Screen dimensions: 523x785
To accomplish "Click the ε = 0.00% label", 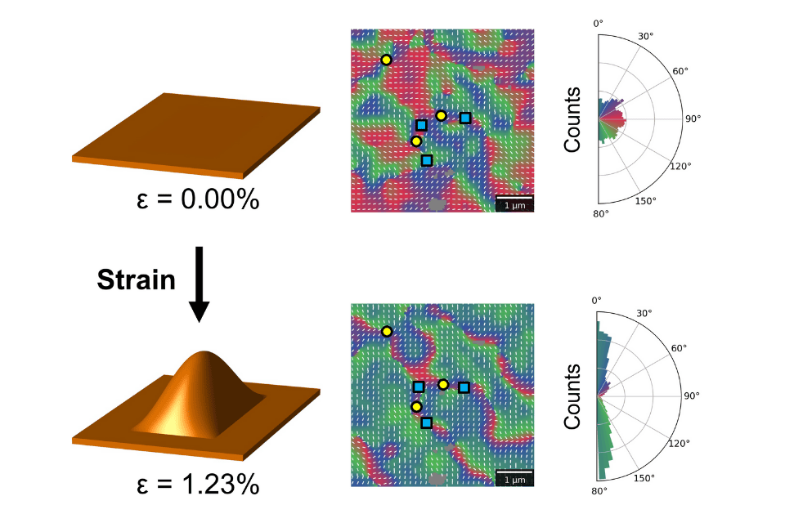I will (x=197, y=198).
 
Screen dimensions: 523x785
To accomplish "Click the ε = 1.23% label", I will (x=197, y=485).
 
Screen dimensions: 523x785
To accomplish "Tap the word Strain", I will (x=136, y=280).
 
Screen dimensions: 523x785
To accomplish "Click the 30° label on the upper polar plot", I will (x=645, y=36).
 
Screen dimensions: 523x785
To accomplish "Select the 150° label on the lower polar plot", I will (x=646, y=477).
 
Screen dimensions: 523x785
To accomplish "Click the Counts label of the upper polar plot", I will (x=572, y=119).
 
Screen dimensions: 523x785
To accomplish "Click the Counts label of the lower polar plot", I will (x=572, y=396).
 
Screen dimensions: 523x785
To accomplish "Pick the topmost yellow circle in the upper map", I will (x=386, y=60).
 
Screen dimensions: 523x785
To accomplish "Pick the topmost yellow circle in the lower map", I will (x=387, y=331).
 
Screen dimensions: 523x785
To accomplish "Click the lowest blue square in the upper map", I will (x=426, y=160).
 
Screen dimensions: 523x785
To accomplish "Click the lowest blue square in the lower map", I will (x=426, y=422).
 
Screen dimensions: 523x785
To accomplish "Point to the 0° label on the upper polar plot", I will (x=598, y=24).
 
